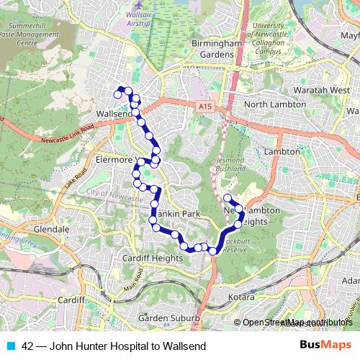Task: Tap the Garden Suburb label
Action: pos(163,318)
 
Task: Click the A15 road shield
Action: pos(207,107)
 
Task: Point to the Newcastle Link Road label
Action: pos(68,135)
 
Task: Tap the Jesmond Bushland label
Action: pos(230,163)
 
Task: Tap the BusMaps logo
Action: pos(324,346)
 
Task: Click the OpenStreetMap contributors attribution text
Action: pos(297,323)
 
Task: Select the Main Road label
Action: pos(133,282)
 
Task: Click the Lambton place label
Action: pos(282,152)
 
